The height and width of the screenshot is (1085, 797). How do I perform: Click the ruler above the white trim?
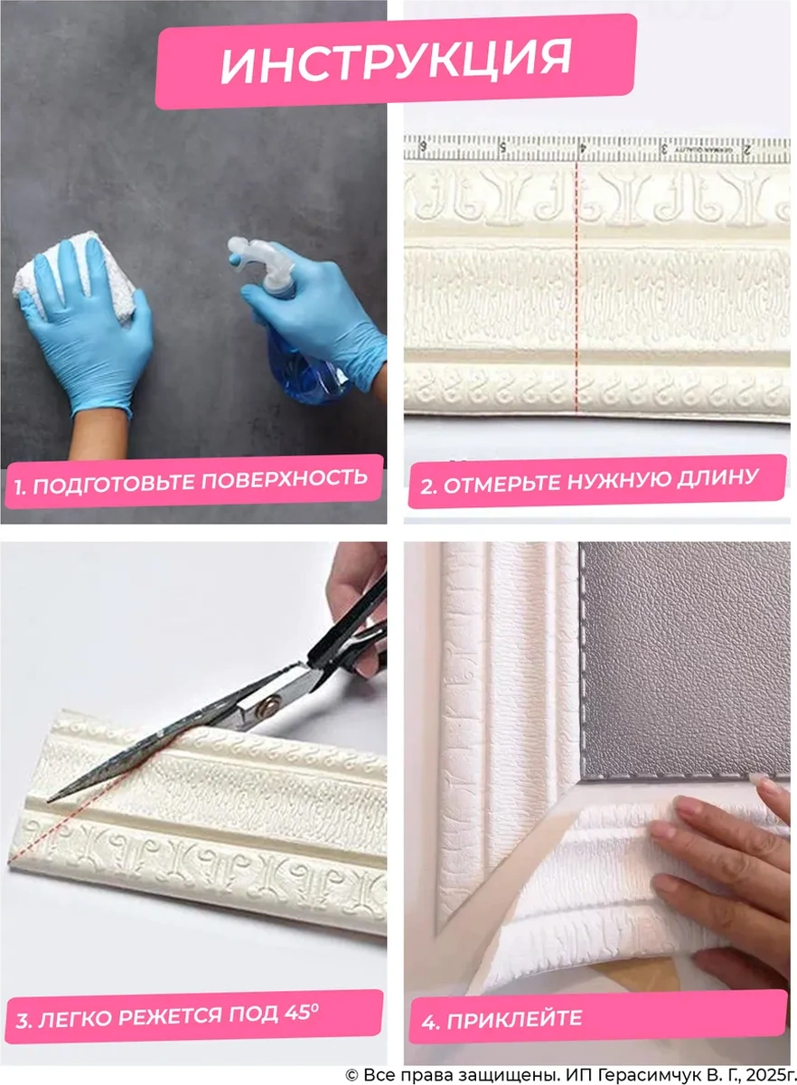tap(596, 148)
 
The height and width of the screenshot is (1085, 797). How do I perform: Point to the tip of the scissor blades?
tap(52, 797)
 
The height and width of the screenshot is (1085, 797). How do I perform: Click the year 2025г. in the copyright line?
tap(764, 1074)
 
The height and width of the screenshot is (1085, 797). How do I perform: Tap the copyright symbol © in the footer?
tap(352, 1074)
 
